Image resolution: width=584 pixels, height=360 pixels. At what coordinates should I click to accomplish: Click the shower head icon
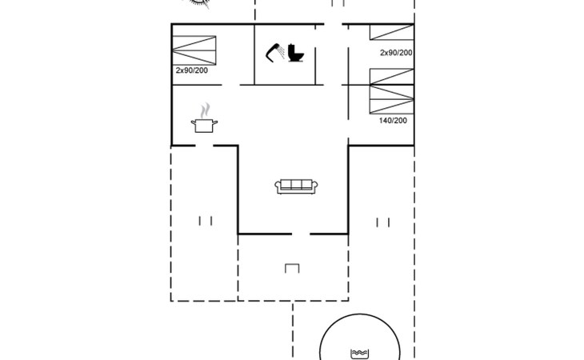pos(276,51)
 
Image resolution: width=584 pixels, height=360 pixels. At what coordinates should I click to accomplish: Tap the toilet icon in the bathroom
pos(297,53)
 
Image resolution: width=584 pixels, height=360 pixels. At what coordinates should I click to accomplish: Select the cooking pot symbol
pos(204,125)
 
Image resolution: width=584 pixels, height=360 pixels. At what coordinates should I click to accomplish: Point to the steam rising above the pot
pos(206,108)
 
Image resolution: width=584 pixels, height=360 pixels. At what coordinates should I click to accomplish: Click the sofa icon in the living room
pos(296,186)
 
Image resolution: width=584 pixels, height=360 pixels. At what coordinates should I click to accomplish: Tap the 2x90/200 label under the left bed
pos(191,70)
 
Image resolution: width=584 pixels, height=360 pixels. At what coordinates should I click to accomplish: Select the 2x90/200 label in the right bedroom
pos(396,53)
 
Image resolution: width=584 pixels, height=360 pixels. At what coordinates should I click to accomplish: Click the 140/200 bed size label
pos(392,120)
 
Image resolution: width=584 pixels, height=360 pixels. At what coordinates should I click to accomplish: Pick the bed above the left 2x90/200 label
pos(196,50)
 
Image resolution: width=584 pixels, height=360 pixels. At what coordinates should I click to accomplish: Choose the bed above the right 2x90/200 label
pos(392,33)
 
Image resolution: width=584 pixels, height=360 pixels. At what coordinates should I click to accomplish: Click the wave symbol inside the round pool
pos(359,352)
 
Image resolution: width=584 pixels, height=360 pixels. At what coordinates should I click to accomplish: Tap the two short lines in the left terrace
pos(206,221)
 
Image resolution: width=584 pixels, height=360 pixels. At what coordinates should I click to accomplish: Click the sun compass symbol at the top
pos(200,3)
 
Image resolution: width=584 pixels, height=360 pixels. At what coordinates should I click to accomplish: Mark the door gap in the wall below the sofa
pos(301,234)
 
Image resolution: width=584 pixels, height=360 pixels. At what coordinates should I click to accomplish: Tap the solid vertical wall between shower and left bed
pos(254,54)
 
